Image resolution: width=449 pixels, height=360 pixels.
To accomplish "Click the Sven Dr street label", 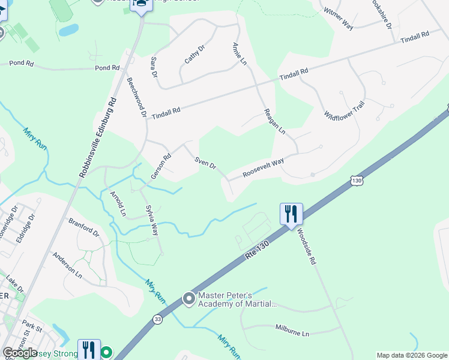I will pos(205,162).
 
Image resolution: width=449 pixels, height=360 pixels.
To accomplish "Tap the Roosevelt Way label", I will pos(263,167).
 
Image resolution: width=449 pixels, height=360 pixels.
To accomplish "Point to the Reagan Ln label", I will pos(274,122).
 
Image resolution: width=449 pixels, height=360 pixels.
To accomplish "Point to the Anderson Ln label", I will pos(67,263).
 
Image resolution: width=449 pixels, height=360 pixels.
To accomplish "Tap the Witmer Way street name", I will pos(338,19).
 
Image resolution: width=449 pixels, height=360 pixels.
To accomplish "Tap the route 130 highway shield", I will pos(357,180).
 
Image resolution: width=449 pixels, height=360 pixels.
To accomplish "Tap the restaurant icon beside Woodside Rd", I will pos(291,214).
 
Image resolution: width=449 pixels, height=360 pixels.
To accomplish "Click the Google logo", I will pos(20,352).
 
